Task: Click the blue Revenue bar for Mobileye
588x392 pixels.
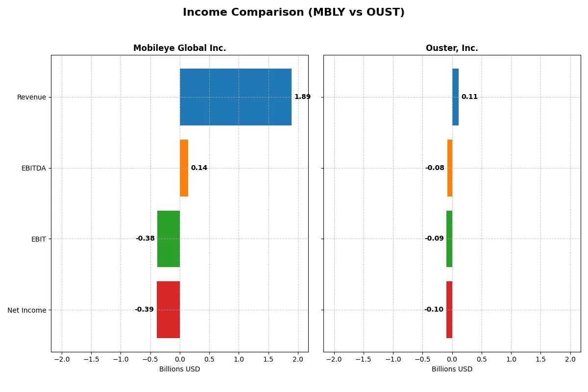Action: (x=235, y=97)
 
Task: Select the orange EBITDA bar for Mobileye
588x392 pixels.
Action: (x=184, y=168)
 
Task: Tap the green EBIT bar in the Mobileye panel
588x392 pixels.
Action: (x=169, y=239)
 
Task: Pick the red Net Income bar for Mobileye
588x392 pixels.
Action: (x=168, y=310)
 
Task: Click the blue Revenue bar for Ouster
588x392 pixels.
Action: (x=455, y=97)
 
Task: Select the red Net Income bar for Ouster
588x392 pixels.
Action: (x=449, y=310)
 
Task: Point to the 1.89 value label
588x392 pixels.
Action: (x=302, y=97)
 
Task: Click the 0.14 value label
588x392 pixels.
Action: (x=199, y=168)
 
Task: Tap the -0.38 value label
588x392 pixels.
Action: (x=145, y=239)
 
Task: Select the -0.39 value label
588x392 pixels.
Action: (x=144, y=310)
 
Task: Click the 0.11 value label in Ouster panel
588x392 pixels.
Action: (x=469, y=97)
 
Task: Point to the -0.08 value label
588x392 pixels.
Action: (x=435, y=168)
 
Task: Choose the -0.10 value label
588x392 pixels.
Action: (x=434, y=310)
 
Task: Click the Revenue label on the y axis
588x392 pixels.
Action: (x=31, y=97)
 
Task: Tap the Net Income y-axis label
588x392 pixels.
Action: (x=27, y=310)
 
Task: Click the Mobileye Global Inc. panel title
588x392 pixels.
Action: (x=179, y=49)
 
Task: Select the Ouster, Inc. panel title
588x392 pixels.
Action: (x=452, y=49)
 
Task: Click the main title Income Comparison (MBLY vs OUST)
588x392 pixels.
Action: (x=294, y=13)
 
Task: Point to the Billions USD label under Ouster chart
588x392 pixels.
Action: (x=452, y=369)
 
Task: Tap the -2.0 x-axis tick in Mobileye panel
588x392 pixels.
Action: (x=62, y=360)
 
